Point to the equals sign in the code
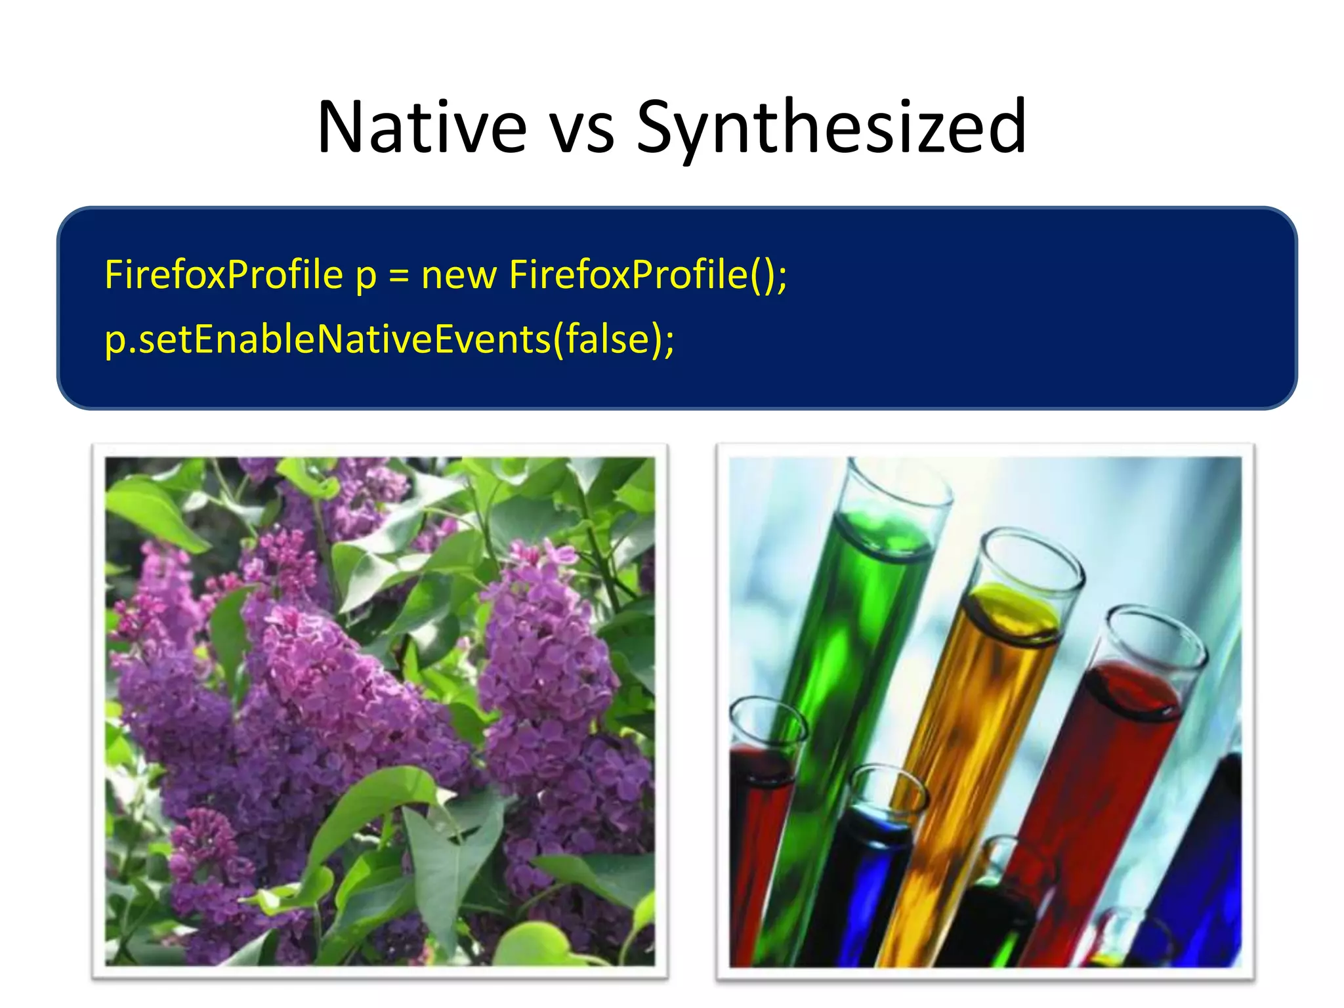(x=399, y=276)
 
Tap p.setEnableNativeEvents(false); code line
(x=389, y=339)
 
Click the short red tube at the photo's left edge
(x=755, y=820)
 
